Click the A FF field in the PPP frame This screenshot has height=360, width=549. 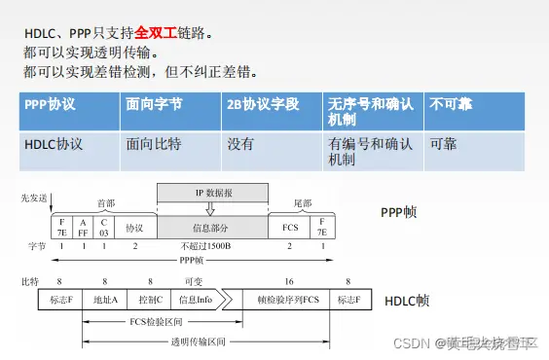pos(83,230)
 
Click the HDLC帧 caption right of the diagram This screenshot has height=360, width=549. pos(407,301)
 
